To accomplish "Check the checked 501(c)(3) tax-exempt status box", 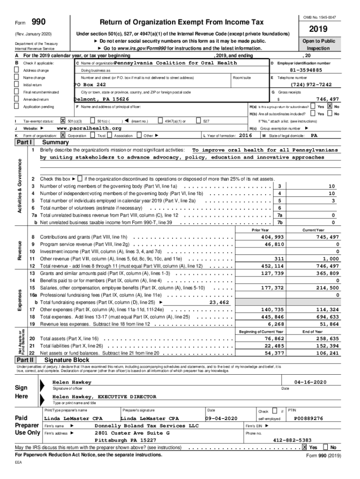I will click(63, 121).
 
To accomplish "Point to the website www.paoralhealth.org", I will click(88, 128).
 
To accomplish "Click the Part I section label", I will click(25, 142).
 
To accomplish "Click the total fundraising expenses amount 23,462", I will click(219, 302).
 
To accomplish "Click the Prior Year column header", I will click(260, 230).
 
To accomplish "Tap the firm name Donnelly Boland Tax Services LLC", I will click(147, 426).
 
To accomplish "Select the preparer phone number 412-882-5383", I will click(292, 440).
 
